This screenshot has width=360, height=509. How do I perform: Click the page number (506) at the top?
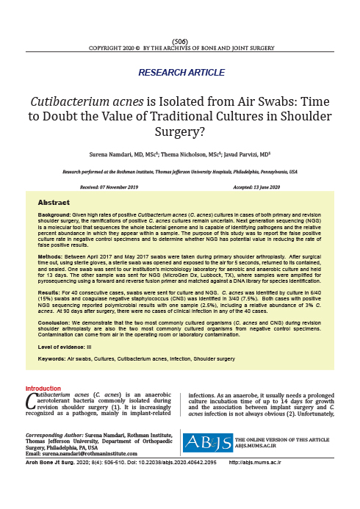pyautogui.click(x=179, y=40)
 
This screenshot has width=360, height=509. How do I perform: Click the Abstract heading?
pyautogui.click(x=54, y=201)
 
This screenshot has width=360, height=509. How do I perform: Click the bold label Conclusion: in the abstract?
pyautogui.click(x=56, y=322)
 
